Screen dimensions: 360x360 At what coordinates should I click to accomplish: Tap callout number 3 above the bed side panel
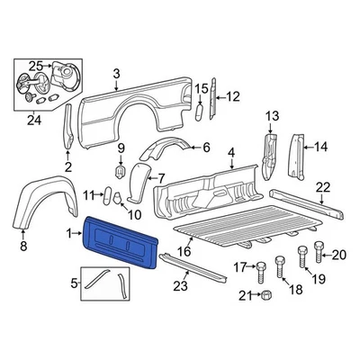[x=116, y=74]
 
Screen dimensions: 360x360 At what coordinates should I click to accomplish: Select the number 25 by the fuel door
[x=35, y=65]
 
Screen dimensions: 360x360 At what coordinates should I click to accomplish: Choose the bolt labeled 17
[x=260, y=266]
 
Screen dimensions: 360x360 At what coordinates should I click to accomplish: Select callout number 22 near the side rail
[x=323, y=187]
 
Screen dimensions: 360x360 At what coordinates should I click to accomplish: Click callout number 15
[x=201, y=87]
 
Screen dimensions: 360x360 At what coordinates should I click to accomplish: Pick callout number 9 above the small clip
[x=121, y=147]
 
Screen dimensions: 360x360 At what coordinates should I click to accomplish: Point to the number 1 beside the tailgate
[x=71, y=234]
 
